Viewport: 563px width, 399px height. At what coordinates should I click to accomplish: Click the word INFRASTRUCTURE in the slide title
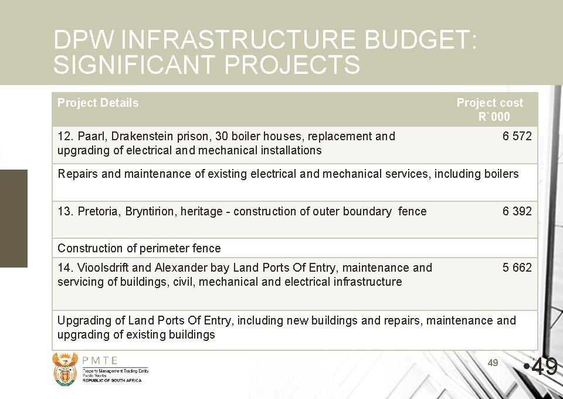[x=241, y=40]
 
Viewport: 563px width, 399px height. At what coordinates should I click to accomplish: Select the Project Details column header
[x=98, y=103]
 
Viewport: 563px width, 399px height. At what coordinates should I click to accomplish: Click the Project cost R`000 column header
[x=490, y=110]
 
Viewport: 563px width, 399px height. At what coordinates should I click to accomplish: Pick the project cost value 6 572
[x=517, y=137]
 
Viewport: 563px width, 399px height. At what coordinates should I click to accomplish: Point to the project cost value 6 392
[x=517, y=211]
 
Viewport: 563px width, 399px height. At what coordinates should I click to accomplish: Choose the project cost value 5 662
[x=517, y=268]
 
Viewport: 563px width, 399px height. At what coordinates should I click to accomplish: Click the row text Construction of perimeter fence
[x=139, y=248]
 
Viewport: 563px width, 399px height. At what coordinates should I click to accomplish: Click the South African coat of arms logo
[x=65, y=369]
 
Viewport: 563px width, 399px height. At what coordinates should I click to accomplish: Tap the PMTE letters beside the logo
[x=100, y=361]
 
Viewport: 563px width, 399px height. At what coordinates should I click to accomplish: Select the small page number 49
[x=493, y=363]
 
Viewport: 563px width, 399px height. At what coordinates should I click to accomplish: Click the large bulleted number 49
[x=542, y=367]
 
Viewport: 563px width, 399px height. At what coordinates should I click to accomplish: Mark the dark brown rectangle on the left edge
[x=13, y=218]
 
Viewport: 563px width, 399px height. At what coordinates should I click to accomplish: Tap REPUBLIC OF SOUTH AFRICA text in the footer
[x=112, y=380]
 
